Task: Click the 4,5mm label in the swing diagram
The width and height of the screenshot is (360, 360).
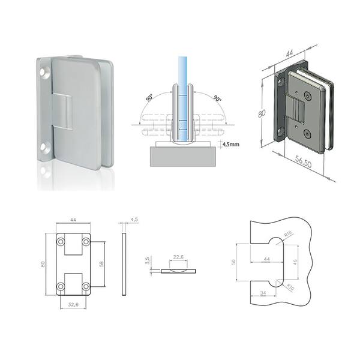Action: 230,144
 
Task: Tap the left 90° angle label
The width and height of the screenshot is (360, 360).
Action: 149,98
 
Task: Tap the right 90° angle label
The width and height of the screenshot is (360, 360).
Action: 217,98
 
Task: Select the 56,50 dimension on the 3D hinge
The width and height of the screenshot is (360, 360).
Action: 303,161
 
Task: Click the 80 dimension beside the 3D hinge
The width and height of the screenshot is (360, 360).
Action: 262,113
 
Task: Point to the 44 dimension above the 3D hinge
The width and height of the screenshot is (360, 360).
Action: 289,53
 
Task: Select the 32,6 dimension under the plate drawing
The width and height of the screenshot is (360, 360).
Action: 73,304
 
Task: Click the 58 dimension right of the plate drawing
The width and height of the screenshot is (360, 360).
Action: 101,264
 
